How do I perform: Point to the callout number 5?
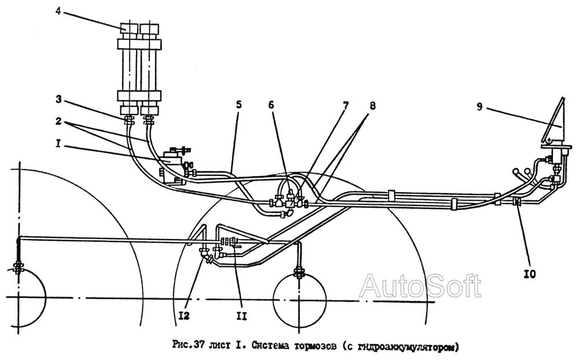[239, 105]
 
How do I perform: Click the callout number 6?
[270, 105]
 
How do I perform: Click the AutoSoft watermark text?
[421, 285]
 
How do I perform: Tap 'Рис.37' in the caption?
[185, 347]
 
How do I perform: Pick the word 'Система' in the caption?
[266, 347]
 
